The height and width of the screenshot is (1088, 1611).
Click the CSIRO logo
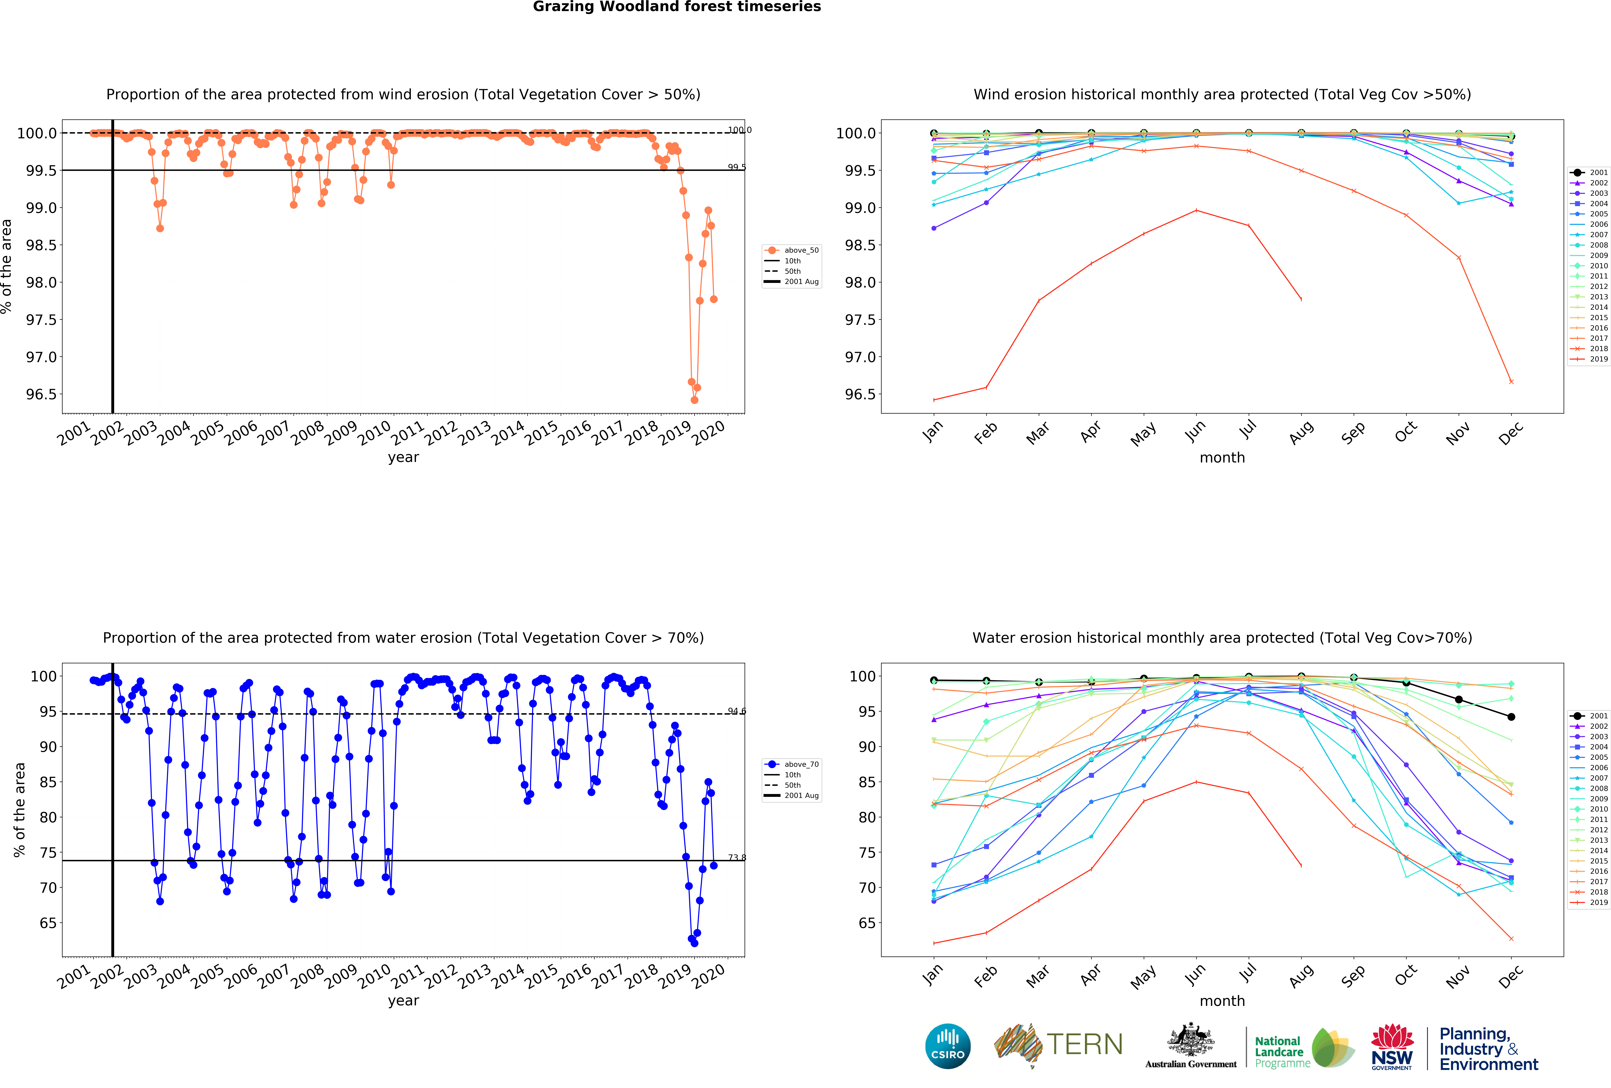948,1046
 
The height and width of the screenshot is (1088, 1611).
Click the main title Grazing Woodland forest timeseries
677,7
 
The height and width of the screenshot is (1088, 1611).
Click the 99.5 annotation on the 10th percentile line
737,167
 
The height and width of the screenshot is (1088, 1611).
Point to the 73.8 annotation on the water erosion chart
737,857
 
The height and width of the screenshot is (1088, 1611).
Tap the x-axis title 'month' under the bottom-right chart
1222,1001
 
